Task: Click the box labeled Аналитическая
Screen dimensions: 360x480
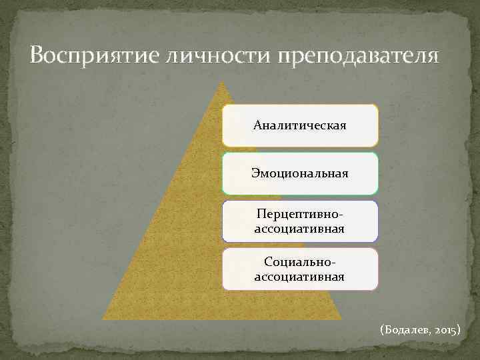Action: click(300, 125)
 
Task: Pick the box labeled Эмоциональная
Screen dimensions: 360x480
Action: click(300, 173)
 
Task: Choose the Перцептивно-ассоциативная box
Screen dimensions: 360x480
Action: click(300, 221)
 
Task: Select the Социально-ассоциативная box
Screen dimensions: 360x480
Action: click(300, 269)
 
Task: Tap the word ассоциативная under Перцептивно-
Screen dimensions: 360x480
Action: click(300, 229)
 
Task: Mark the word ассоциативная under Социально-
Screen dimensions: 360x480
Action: click(300, 276)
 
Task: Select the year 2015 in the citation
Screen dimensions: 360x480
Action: click(445, 330)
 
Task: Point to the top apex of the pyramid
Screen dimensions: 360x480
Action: click(221, 83)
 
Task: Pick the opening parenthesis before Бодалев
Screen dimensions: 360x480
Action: click(381, 330)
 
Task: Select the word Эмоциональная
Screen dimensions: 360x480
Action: click(300, 173)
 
